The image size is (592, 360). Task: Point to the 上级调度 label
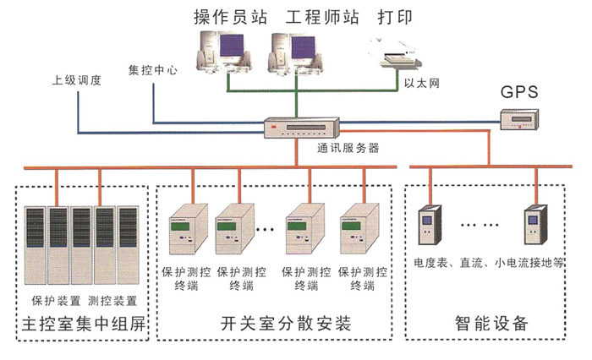point(76,81)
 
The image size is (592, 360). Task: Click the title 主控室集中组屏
point(82,325)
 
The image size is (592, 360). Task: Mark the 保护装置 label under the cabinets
point(56,300)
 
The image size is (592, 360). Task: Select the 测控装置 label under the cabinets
point(112,300)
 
